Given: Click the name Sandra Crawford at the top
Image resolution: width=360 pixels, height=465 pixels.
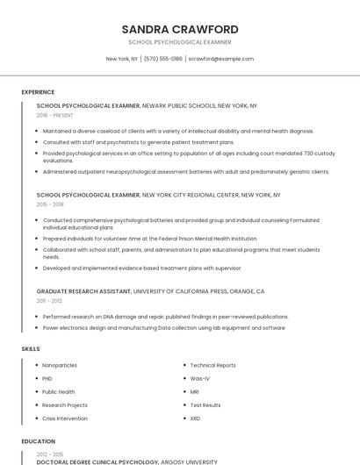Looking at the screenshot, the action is tap(180, 29).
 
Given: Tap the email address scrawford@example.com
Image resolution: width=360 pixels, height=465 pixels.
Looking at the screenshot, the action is tap(220, 59).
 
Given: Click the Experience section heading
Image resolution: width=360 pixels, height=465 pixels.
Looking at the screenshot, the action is tap(38, 92).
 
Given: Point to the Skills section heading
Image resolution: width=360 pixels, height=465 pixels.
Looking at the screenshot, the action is tap(31, 349).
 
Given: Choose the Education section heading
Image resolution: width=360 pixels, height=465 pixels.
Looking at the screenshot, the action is tap(38, 441).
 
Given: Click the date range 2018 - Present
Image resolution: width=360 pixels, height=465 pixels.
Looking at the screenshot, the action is tap(54, 115).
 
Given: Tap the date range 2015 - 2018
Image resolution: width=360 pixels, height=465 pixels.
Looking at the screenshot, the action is tap(50, 204).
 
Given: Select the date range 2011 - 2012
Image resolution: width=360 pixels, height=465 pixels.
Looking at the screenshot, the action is tap(49, 300).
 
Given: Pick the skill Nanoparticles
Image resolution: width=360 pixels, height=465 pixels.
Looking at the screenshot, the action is tap(60, 365).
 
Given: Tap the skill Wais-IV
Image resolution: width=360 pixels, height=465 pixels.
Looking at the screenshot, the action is tap(200, 378).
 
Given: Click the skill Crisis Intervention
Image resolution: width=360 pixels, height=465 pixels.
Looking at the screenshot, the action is tap(65, 418).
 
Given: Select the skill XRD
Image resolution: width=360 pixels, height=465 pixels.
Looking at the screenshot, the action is tap(195, 418).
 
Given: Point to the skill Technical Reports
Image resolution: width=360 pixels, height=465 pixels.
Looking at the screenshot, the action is tap(212, 365).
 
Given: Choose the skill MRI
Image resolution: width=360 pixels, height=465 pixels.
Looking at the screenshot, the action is tap(195, 392).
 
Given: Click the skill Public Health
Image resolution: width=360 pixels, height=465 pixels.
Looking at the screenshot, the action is tap(58, 392).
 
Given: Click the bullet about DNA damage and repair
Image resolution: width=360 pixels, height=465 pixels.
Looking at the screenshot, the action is tap(165, 317).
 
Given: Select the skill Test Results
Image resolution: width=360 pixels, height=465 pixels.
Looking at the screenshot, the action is tap(205, 405).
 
